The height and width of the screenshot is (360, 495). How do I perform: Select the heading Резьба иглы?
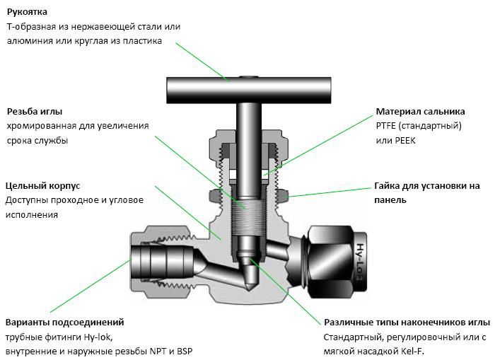point(35,112)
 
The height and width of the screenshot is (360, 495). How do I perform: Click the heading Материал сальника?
point(420,112)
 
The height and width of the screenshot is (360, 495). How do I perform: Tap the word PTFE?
point(388,126)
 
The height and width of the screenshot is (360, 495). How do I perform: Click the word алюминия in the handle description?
point(30,41)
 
